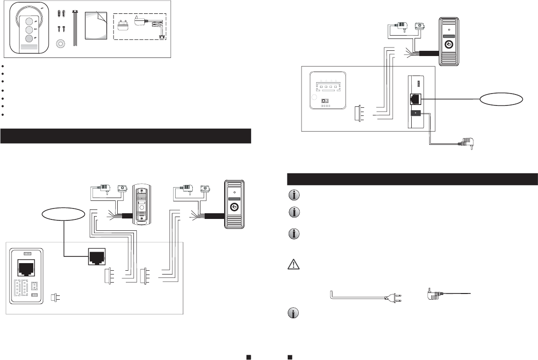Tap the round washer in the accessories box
(61, 44)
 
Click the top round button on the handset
(29, 21)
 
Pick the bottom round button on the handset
(29, 38)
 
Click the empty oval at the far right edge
(502, 99)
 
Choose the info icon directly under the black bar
(293, 195)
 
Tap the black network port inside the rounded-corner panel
(24, 267)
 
